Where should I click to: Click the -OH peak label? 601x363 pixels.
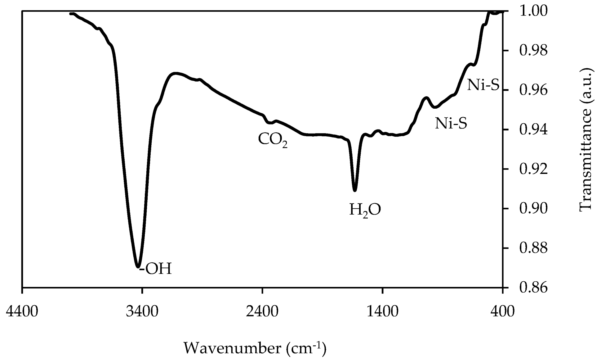tap(156, 269)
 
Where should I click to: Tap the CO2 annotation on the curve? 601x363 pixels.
tap(273, 140)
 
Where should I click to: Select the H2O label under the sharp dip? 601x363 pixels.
tap(365, 210)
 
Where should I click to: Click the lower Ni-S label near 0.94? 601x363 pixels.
tap(451, 124)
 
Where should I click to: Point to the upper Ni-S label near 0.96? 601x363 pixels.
tap(483, 85)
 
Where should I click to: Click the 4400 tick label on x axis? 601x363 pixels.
tap(22, 311)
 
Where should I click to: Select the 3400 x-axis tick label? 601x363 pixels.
tap(142, 311)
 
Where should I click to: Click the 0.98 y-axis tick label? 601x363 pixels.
tap(533, 51)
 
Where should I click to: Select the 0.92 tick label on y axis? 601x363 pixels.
tap(533, 169)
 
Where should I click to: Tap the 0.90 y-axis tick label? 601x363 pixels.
tap(533, 209)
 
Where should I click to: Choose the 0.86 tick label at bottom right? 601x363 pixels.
tap(533, 288)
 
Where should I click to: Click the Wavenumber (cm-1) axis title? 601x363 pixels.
tap(255, 348)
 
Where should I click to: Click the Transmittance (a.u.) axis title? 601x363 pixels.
tap(586, 140)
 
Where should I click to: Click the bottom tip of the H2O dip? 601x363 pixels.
tap(355, 190)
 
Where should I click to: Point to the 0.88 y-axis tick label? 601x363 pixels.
tap(533, 248)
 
